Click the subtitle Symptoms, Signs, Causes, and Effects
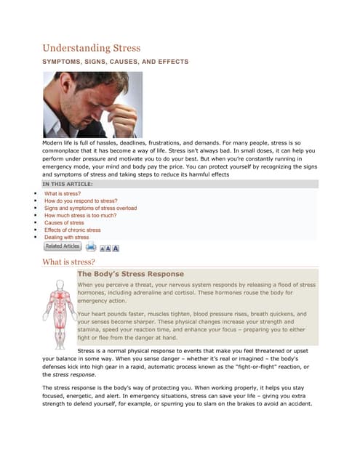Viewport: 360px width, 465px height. pos(115,62)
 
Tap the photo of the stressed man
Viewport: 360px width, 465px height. pos(90,105)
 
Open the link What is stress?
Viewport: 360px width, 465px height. pos(62,194)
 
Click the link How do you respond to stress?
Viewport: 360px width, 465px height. pos(81,201)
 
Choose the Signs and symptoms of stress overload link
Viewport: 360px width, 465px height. pos(90,209)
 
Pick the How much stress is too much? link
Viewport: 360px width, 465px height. pos(80,216)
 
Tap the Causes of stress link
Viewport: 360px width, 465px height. pos(64,223)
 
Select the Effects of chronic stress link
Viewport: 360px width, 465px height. pos(72,230)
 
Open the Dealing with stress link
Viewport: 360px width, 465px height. pos(66,238)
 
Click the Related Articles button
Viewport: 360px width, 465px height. pos(63,247)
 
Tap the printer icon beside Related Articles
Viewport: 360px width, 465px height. pos(91,247)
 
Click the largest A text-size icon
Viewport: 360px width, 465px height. pos(115,248)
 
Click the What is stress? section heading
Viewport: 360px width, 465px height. pos(69,262)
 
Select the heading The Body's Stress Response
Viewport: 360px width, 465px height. pos(131,274)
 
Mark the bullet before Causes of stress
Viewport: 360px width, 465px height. pos(36,223)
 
